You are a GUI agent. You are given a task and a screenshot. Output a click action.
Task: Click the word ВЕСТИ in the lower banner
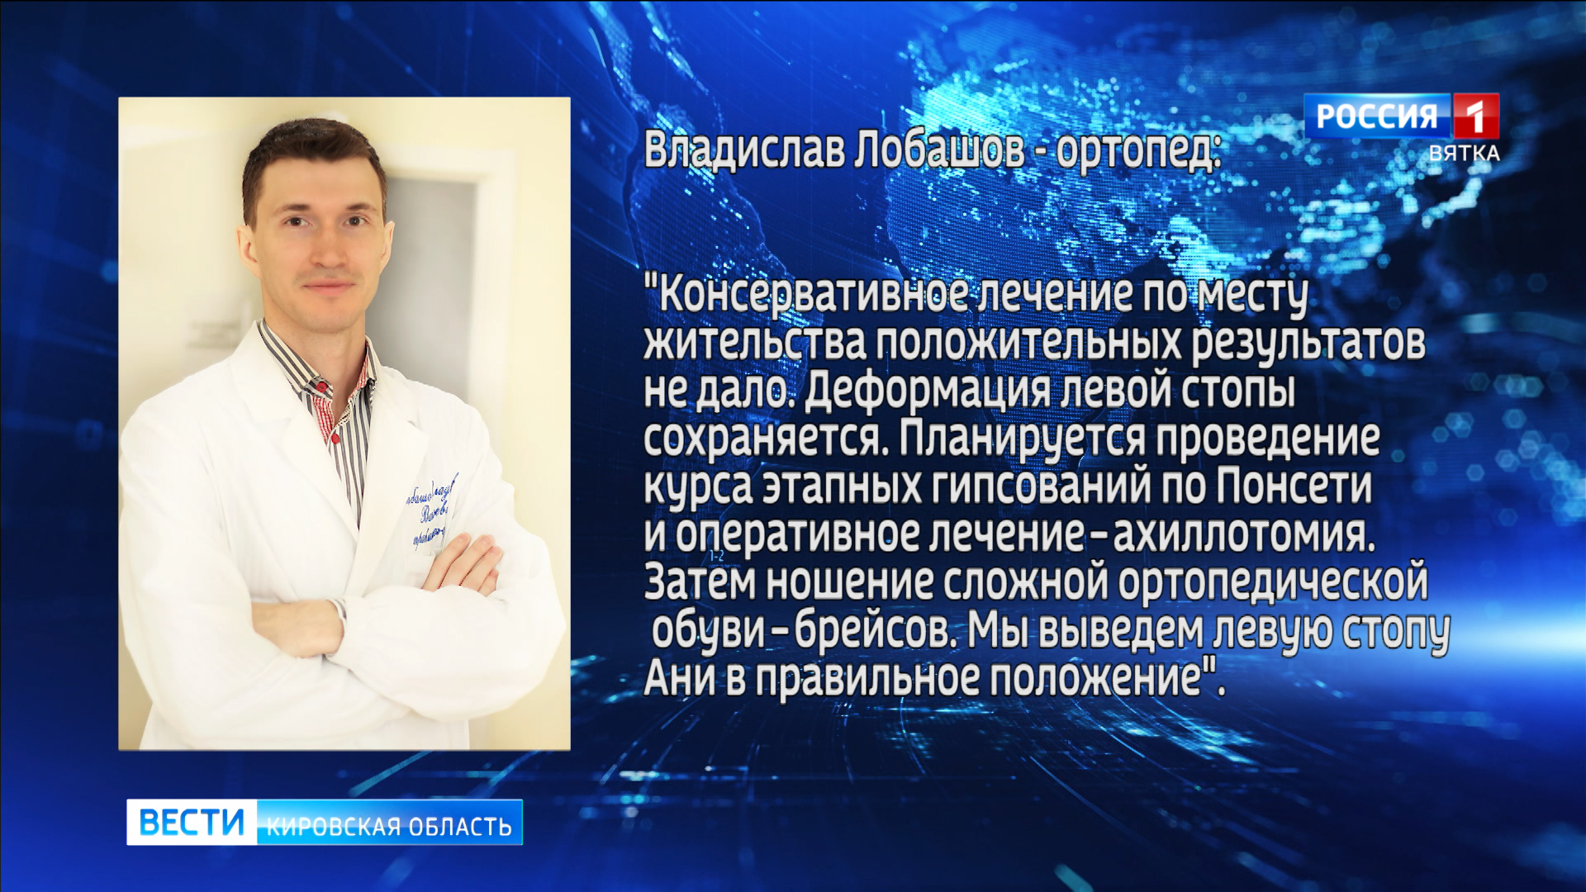point(192,823)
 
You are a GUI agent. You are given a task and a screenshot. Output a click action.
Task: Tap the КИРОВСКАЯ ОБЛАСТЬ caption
point(389,826)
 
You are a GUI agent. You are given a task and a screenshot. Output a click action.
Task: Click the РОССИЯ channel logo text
point(1376,116)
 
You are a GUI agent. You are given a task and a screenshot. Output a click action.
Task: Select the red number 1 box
point(1475,116)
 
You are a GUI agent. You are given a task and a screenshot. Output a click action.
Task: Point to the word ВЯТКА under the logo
point(1464,154)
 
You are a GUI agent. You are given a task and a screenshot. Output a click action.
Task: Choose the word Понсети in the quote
point(1294,486)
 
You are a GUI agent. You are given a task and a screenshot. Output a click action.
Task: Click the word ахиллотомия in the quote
point(1242,534)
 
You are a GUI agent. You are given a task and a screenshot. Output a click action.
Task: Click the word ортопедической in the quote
point(1272,582)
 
